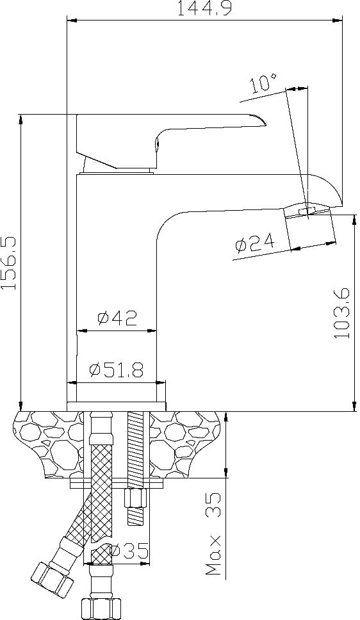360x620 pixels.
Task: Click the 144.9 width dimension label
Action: [204, 8]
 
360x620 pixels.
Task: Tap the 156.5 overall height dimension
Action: [9, 263]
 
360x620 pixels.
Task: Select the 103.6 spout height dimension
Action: [342, 313]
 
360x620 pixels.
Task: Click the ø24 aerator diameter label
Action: [255, 243]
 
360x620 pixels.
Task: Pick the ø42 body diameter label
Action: [117, 318]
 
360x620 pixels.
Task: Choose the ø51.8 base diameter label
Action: [117, 370]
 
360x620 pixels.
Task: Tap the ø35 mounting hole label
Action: [130, 550]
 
